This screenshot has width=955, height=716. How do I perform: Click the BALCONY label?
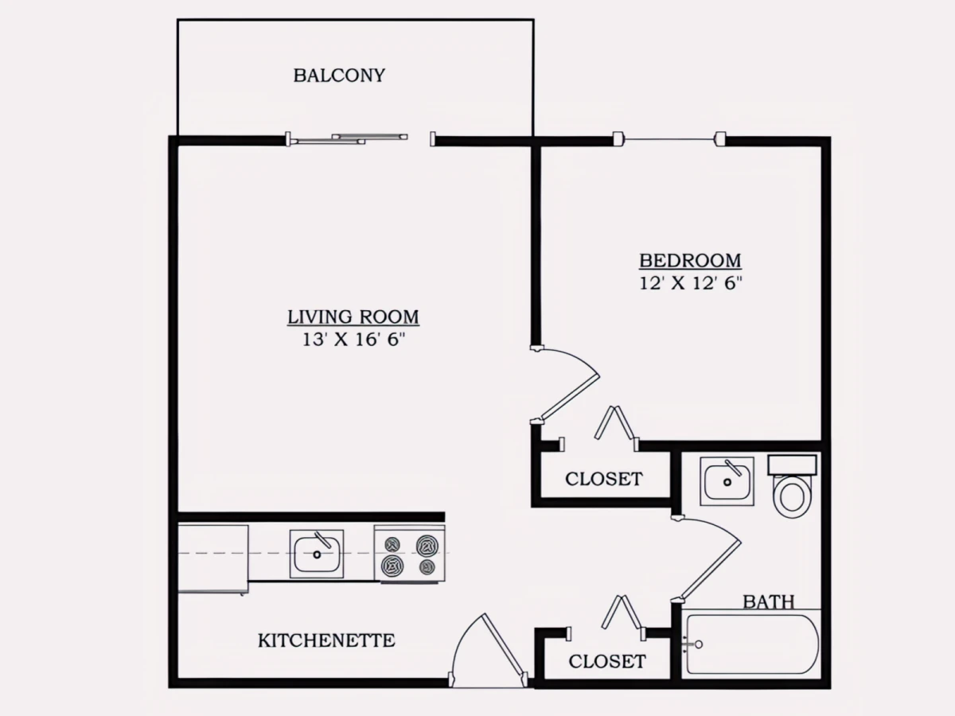(339, 76)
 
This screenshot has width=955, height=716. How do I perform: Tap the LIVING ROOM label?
(353, 317)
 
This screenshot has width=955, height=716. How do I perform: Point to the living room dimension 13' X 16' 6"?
(353, 340)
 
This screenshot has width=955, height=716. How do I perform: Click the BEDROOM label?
(690, 261)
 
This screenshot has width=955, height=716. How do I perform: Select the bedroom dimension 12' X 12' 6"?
(690, 283)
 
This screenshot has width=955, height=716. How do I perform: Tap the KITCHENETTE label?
(326, 640)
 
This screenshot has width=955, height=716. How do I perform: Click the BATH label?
(768, 602)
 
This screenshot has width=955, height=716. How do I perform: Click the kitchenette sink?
(317, 554)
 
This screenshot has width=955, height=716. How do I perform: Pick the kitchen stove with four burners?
(409, 554)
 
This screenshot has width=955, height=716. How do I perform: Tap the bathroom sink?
(727, 481)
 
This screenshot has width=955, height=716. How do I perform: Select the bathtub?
(751, 644)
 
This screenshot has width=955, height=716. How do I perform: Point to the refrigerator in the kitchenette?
(213, 558)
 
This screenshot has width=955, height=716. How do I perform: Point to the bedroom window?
(669, 139)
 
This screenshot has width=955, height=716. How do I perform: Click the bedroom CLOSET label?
(603, 479)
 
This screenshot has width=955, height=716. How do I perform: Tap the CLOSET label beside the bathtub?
(606, 662)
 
